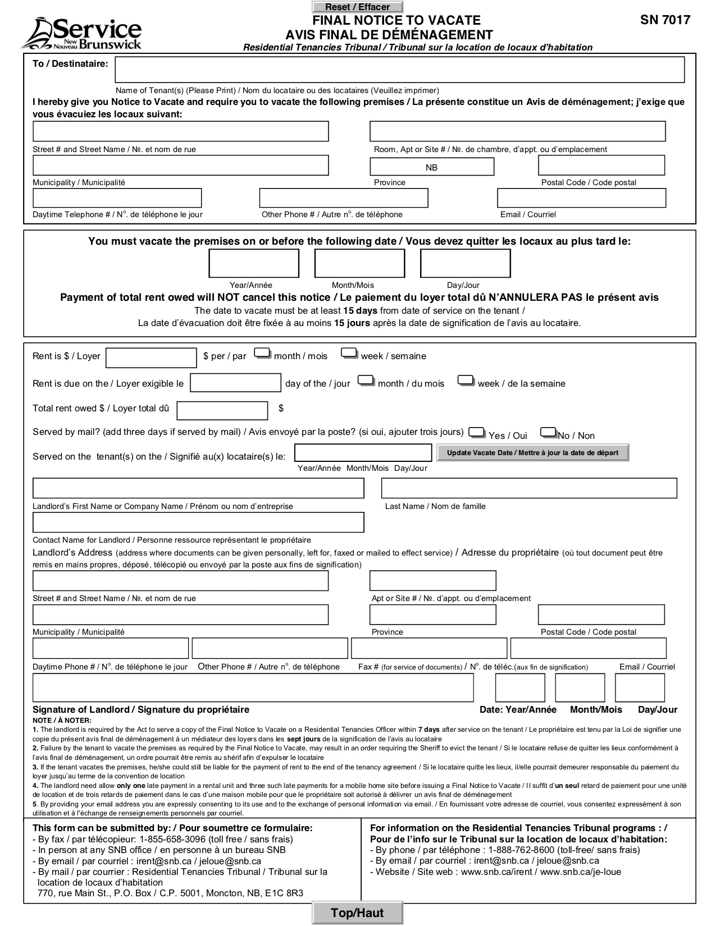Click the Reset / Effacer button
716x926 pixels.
point(357,7)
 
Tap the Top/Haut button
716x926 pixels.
point(357,913)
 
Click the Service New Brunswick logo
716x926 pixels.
point(81,34)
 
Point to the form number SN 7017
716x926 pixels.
point(665,21)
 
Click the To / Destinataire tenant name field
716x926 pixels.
point(399,70)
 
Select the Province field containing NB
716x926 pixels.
point(431,167)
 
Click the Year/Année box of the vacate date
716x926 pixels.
point(254,264)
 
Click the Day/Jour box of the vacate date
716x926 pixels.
point(465,264)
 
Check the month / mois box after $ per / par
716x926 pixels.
point(263,354)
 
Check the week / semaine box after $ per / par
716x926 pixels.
point(349,354)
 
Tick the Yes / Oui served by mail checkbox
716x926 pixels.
point(477,433)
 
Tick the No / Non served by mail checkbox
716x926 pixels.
point(548,433)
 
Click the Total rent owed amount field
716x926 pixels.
point(222,411)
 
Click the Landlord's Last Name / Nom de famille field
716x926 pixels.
point(529,488)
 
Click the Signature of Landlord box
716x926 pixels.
point(253,687)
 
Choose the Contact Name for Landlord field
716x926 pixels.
point(198,522)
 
